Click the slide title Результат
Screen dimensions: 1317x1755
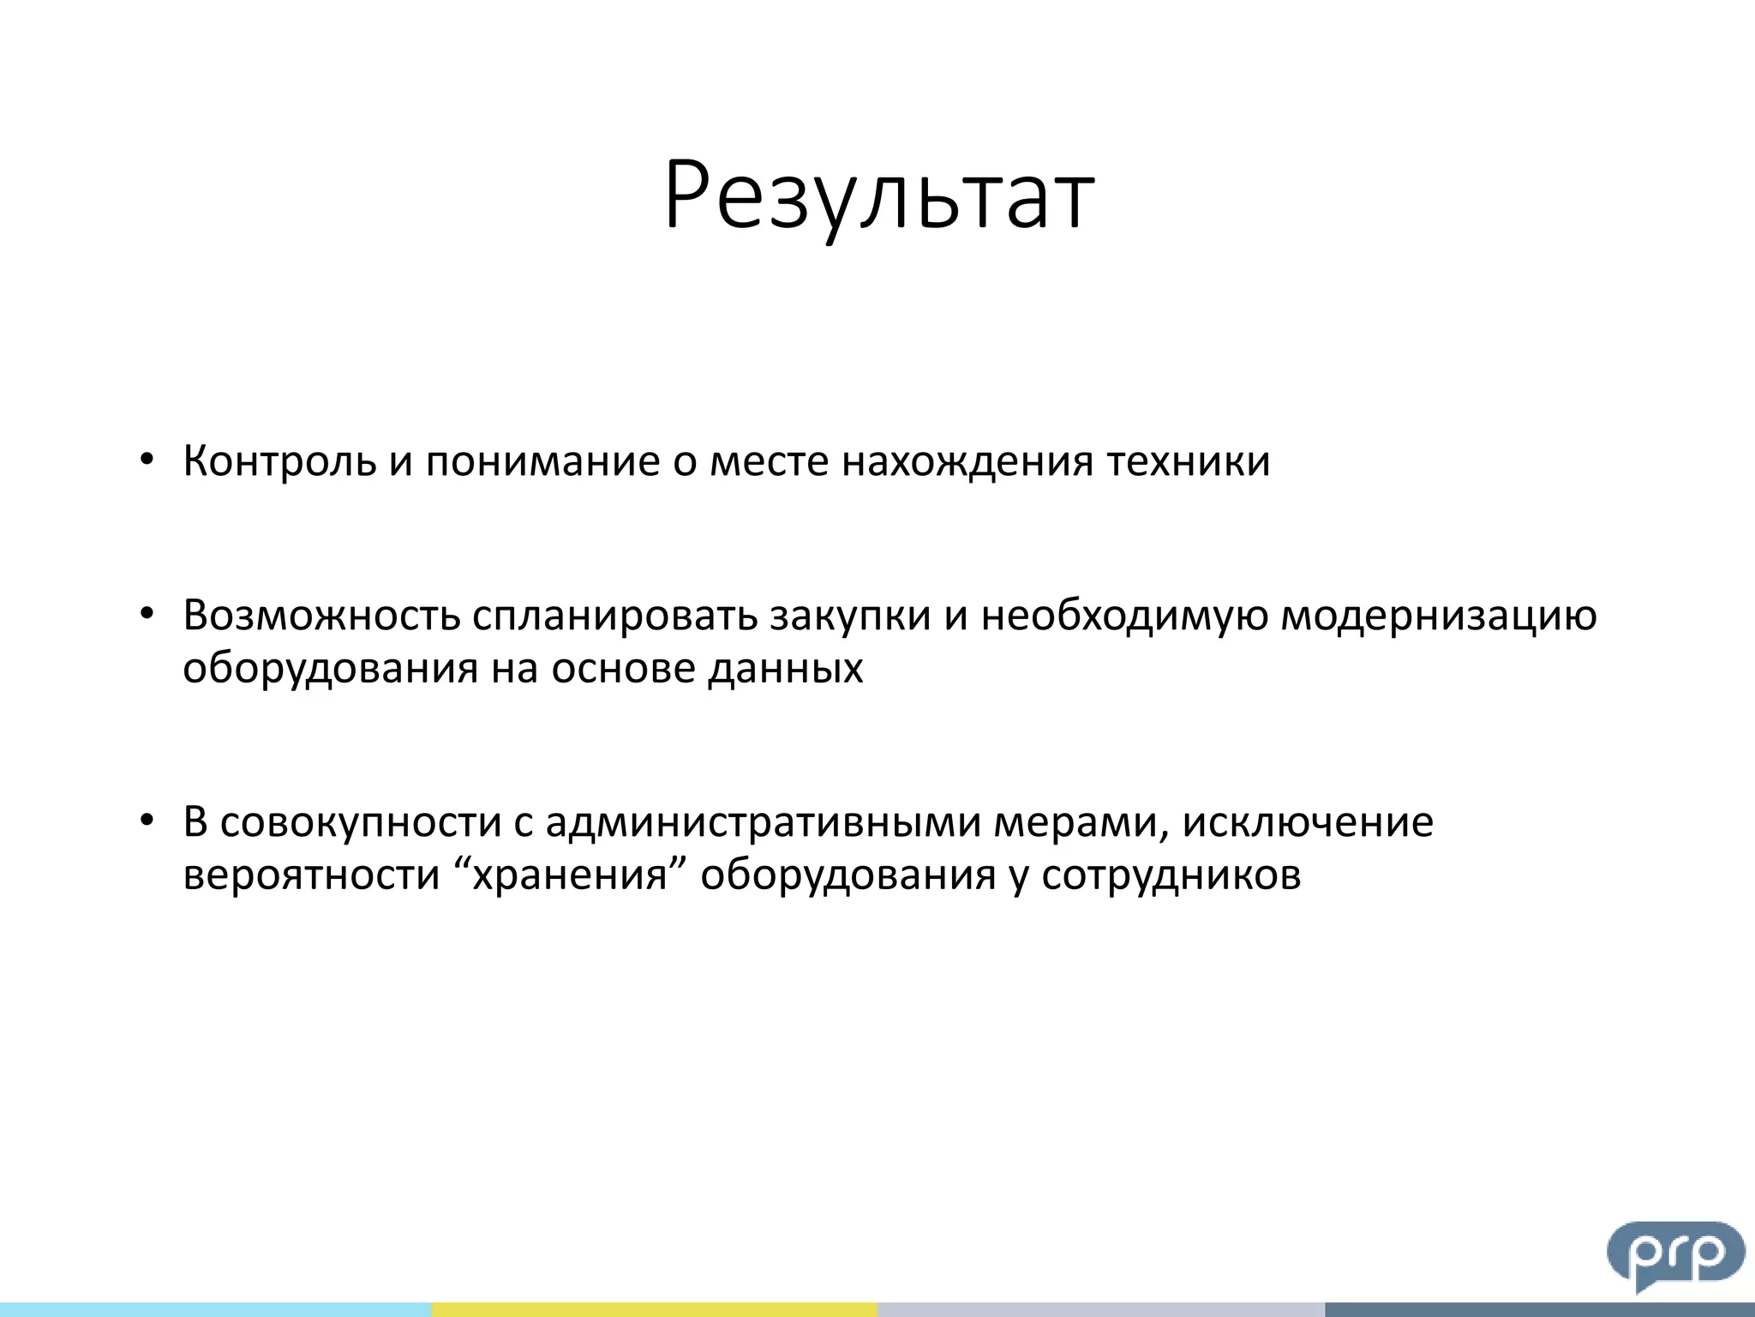click(879, 195)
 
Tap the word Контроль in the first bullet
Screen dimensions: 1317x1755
click(279, 461)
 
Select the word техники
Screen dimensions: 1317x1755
click(1188, 461)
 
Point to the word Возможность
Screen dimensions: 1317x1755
click(321, 616)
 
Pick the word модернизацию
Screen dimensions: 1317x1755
click(1438, 616)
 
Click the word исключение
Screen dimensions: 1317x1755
click(1308, 822)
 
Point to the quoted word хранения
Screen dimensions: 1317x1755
click(570, 875)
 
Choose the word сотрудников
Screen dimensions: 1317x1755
click(1171, 875)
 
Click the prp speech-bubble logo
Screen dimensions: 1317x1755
click(1674, 1254)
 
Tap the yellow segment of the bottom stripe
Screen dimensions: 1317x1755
click(654, 1309)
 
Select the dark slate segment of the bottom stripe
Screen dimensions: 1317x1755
click(1539, 1309)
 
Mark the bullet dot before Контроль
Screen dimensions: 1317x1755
click(147, 460)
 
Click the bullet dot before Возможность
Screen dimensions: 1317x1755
click(147, 615)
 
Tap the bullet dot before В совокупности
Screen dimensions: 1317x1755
click(147, 821)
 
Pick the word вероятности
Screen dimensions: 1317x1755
click(311, 875)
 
